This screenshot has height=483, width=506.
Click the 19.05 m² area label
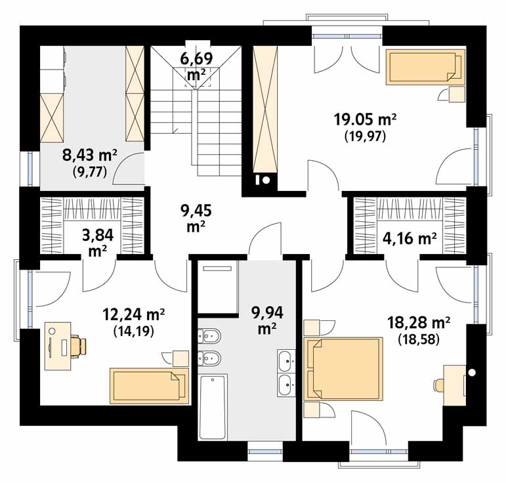point(365,120)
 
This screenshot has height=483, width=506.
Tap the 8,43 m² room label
point(90,156)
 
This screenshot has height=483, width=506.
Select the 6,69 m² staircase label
point(196,66)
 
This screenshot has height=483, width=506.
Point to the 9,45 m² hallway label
point(196,219)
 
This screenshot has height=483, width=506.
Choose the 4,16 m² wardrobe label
point(410,239)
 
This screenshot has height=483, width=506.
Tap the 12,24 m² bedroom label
point(134,314)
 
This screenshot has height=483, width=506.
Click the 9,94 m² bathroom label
point(267,320)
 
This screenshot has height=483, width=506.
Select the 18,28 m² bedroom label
point(419,323)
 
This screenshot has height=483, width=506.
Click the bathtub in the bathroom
point(213,407)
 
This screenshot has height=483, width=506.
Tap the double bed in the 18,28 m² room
point(343,369)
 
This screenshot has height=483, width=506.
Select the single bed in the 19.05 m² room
point(426,67)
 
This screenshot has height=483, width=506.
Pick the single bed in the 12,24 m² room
point(149,386)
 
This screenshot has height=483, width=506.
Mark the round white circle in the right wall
point(472,372)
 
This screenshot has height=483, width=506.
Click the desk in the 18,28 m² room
point(454,385)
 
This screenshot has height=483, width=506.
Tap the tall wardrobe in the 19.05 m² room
point(265,109)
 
